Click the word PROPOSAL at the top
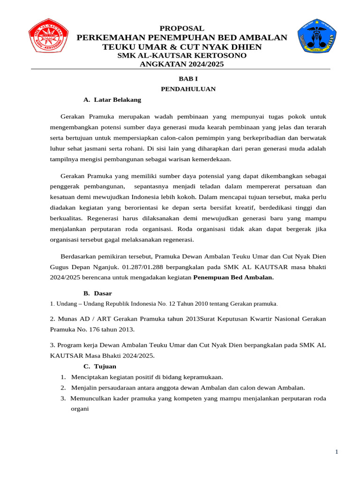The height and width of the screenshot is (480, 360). coord(181,29)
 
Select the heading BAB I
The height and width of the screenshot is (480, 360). coord(181,80)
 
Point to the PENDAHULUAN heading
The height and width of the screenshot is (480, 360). coord(181,89)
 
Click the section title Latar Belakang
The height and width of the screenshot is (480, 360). coord(117,100)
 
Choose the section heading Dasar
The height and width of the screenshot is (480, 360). coord(103,293)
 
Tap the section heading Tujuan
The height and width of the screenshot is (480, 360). coord(105,367)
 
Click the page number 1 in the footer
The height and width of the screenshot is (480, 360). coord(337,451)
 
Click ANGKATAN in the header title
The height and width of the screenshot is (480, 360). coord(162,64)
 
